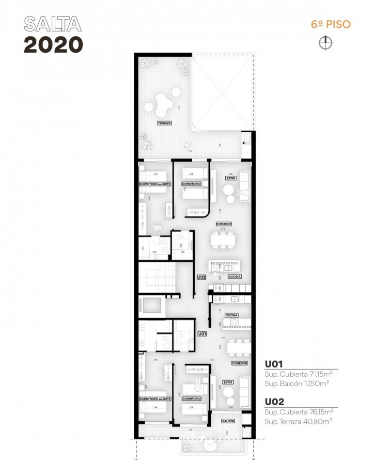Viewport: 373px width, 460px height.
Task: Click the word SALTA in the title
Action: point(52,24)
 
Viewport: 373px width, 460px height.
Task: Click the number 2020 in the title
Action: point(53,45)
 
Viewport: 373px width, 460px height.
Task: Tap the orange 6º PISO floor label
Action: point(331,24)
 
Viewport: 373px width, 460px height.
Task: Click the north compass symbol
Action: point(326,43)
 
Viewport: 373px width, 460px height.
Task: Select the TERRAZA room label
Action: point(164,123)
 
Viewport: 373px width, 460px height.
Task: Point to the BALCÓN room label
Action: point(228,421)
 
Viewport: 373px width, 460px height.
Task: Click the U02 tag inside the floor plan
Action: point(202,277)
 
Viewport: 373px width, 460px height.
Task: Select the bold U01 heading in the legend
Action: point(274,364)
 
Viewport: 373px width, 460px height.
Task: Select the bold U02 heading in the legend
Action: point(274,402)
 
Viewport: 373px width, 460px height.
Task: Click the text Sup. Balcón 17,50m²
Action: point(297,383)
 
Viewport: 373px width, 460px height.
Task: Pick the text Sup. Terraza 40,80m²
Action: point(298,421)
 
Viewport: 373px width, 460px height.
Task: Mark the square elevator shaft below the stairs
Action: point(151,307)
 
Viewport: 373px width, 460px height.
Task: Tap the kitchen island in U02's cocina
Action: point(225,266)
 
